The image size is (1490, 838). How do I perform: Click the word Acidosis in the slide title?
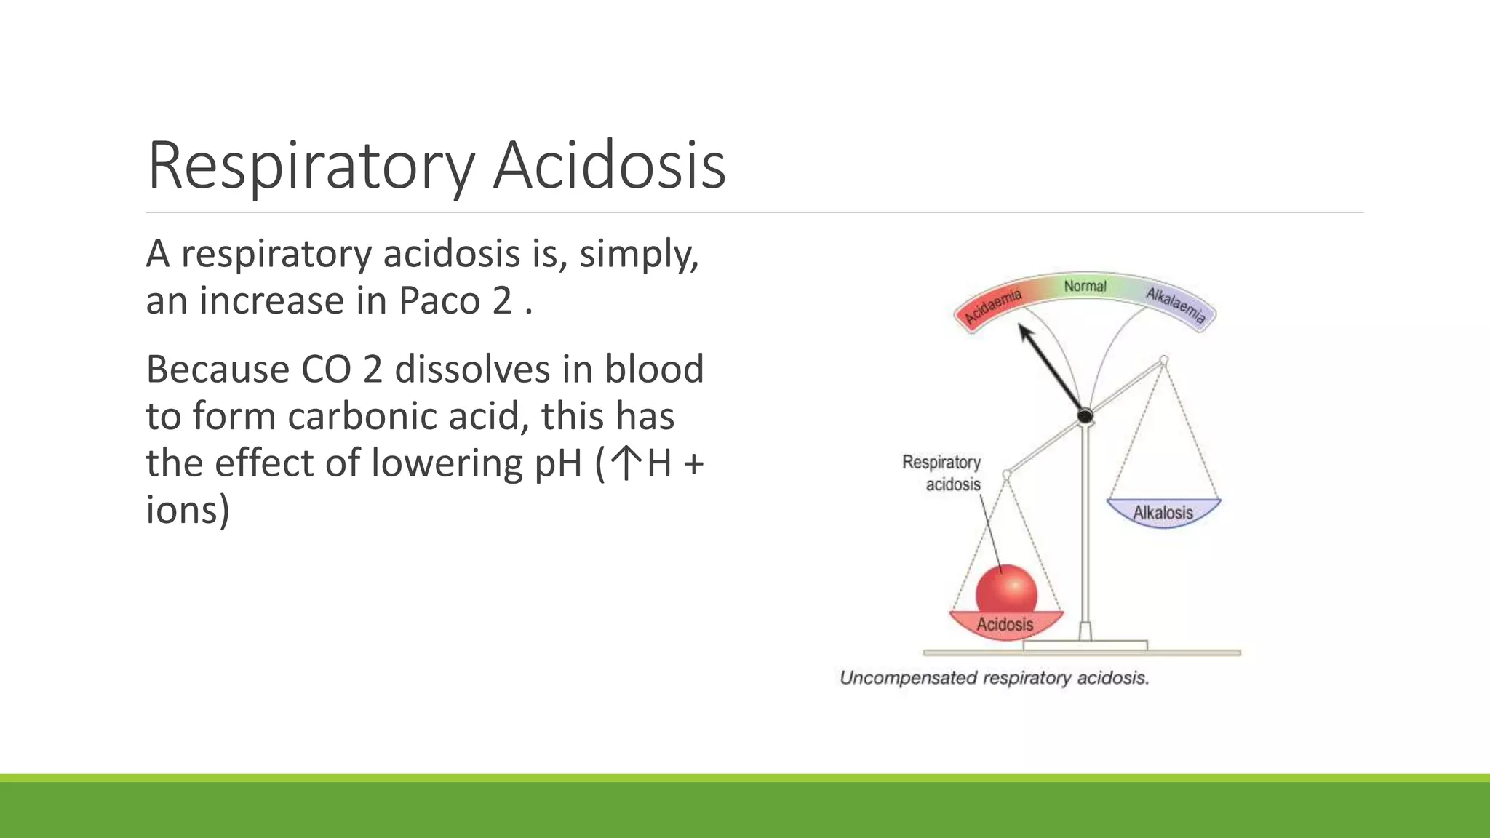[x=610, y=166]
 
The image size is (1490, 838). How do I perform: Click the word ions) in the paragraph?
[x=188, y=509]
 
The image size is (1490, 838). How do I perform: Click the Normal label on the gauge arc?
[x=1085, y=286]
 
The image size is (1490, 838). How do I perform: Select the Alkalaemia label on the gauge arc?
[x=1176, y=305]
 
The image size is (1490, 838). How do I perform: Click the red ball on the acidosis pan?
[x=1006, y=591]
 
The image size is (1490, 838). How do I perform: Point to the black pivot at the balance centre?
[x=1085, y=416]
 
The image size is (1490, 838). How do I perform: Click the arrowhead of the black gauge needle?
[x=1026, y=334]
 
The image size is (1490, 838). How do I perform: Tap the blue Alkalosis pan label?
[x=1163, y=512]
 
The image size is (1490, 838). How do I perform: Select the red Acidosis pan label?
[x=1005, y=624]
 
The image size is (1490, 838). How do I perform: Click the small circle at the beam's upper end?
[x=1163, y=360]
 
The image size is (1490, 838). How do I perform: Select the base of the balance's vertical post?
[x=1085, y=631]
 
